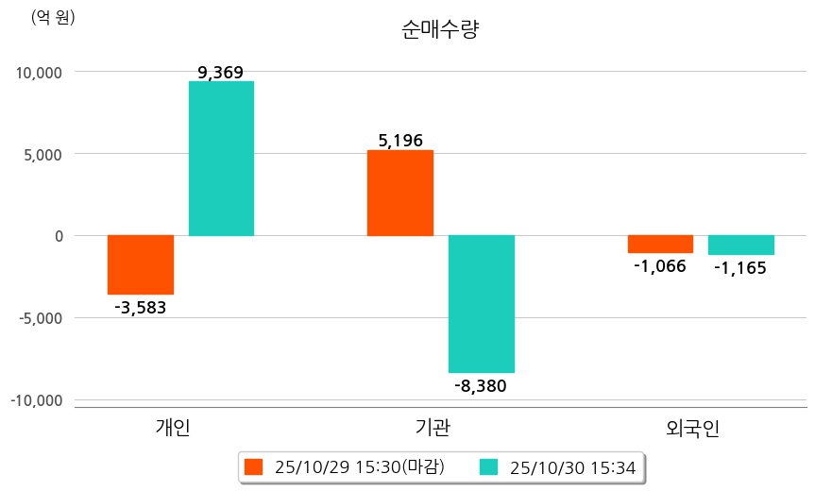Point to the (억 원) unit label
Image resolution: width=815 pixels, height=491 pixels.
(x=53, y=18)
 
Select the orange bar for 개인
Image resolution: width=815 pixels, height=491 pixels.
(x=141, y=264)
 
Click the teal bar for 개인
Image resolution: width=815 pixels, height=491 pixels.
(x=221, y=159)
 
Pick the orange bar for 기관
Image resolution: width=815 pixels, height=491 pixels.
(x=400, y=193)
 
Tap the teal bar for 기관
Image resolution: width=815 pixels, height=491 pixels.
(x=482, y=303)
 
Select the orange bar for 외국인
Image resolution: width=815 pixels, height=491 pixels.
(x=660, y=244)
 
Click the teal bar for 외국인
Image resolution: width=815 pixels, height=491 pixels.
(x=741, y=245)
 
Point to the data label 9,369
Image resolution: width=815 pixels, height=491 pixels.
(x=221, y=73)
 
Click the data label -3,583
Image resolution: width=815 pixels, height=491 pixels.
(x=140, y=307)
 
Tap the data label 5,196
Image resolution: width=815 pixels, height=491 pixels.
(x=400, y=141)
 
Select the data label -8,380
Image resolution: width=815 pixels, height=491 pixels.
(x=481, y=385)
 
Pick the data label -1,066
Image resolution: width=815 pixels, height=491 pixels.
(x=660, y=265)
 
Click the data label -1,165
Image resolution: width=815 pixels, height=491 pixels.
(x=740, y=267)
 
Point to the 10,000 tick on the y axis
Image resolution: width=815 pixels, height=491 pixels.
(x=36, y=73)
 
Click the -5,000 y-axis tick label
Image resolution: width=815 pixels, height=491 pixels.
(x=36, y=318)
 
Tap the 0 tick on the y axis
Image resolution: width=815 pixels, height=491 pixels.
(x=58, y=236)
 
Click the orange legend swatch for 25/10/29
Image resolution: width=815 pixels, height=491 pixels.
(x=252, y=466)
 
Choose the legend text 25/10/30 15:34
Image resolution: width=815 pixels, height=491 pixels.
(x=572, y=466)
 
